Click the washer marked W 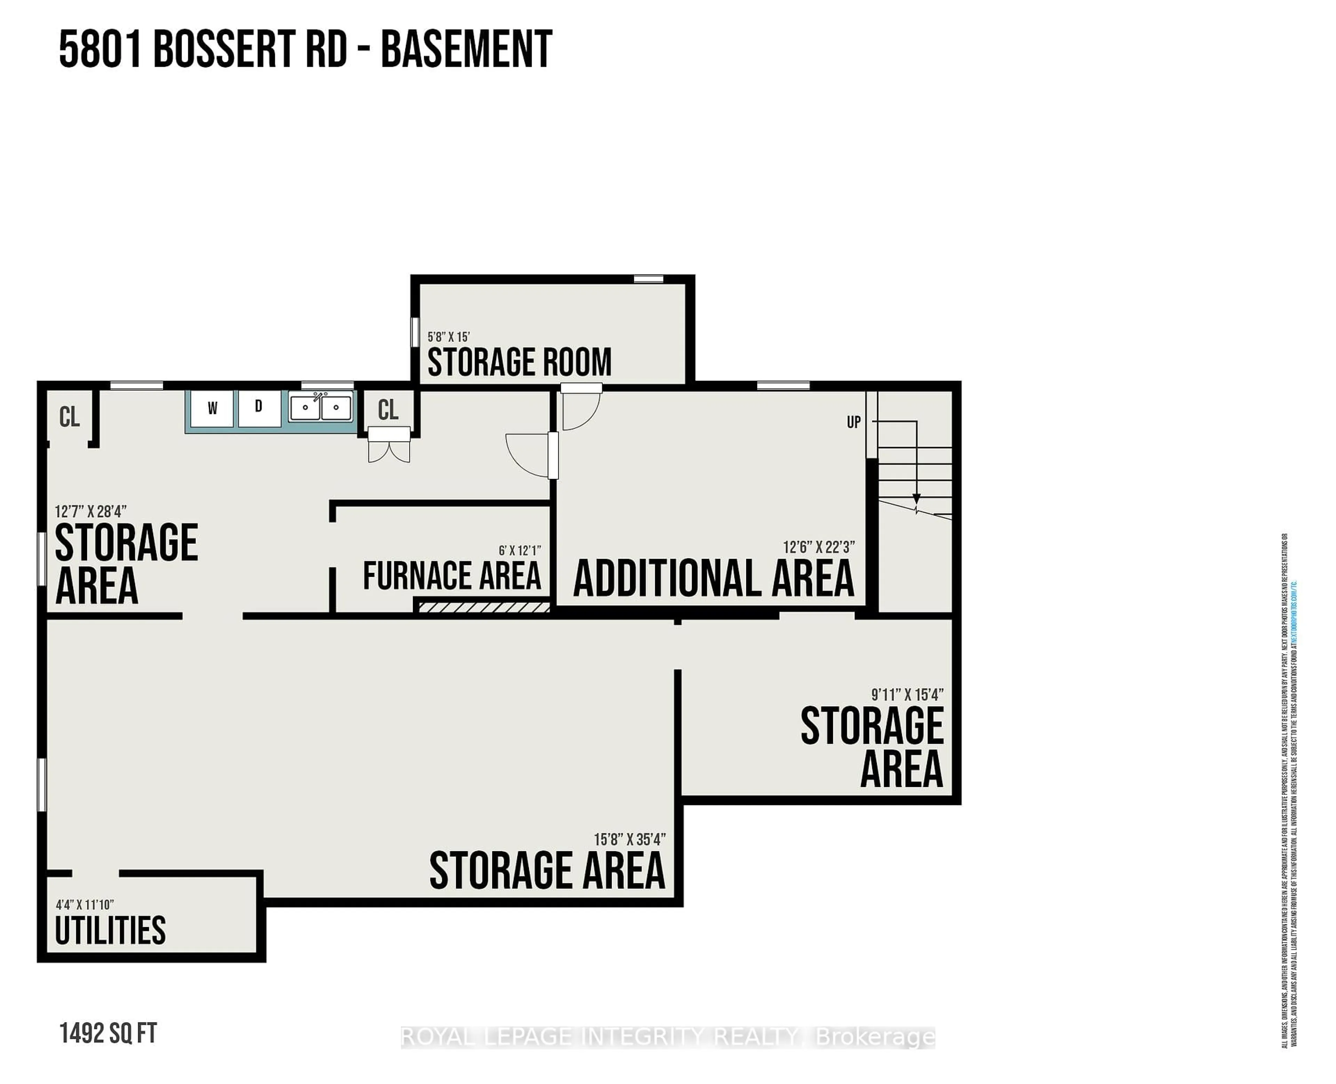pos(212,409)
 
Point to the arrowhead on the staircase pos(916,499)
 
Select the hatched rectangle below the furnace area pos(482,606)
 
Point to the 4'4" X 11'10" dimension pos(85,904)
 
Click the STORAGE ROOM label pos(519,362)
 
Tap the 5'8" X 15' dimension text pos(448,336)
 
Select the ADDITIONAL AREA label pos(713,578)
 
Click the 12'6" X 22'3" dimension pos(819,547)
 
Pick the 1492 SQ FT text pos(108,1034)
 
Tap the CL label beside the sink pos(388,410)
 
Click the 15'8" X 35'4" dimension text pos(630,839)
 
